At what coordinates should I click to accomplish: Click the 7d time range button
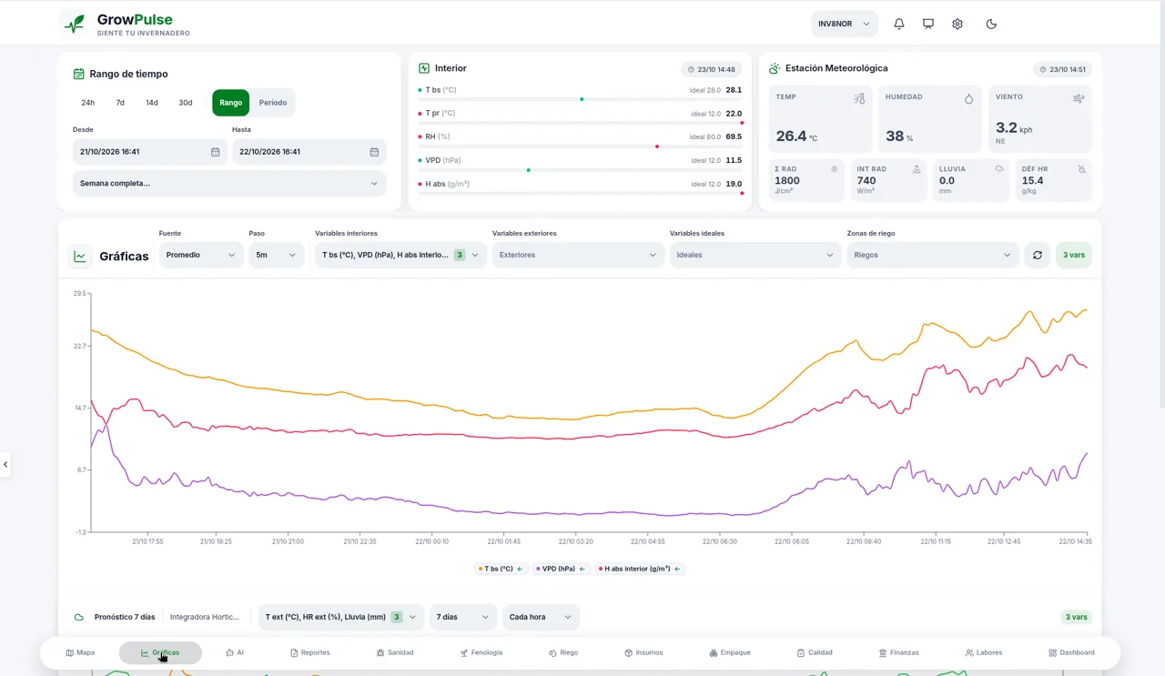click(x=120, y=103)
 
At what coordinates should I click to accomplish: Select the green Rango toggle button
click(x=230, y=103)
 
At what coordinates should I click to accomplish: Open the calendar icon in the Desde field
click(x=216, y=152)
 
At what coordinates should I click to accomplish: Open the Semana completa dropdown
click(x=229, y=183)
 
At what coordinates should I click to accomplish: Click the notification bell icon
click(x=898, y=24)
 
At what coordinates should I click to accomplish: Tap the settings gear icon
click(x=957, y=24)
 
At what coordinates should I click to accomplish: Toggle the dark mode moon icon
click(x=991, y=24)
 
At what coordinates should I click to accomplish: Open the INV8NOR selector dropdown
click(x=844, y=24)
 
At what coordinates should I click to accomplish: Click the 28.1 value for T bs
click(x=734, y=90)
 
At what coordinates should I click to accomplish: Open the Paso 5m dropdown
click(x=276, y=255)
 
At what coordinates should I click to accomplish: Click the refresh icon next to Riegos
click(x=1037, y=255)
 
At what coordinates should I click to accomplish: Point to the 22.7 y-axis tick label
click(x=79, y=346)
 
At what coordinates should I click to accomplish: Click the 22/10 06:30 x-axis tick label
click(x=719, y=541)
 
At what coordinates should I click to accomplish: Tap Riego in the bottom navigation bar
click(x=563, y=652)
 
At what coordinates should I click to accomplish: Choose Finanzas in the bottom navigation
click(x=898, y=652)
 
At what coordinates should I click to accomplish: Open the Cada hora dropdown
click(x=541, y=617)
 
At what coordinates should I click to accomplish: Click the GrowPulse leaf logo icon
click(x=75, y=24)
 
